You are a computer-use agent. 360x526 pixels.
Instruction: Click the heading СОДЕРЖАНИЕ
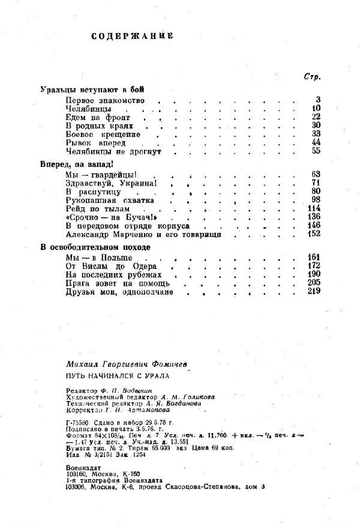133,36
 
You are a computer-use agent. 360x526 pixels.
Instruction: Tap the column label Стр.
311,77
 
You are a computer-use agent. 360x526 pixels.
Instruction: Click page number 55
317,151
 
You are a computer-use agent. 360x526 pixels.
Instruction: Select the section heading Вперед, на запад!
77,163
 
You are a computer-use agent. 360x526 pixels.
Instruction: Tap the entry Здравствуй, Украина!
112,183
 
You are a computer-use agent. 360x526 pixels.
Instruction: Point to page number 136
315,217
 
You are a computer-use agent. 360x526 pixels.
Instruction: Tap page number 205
315,282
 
